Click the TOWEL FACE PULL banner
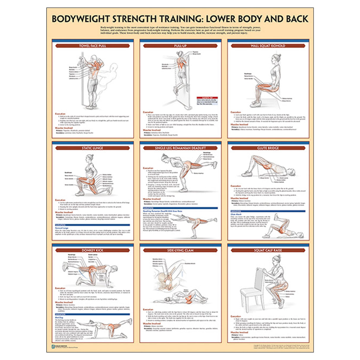point(93,46)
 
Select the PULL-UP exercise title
point(180,46)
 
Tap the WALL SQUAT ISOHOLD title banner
point(268,46)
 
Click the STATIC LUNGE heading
point(93,148)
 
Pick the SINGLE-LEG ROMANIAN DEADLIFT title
point(180,148)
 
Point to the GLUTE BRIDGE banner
point(268,148)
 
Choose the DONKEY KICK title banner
point(93,250)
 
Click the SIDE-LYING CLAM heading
point(180,250)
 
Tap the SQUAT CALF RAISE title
point(268,250)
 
